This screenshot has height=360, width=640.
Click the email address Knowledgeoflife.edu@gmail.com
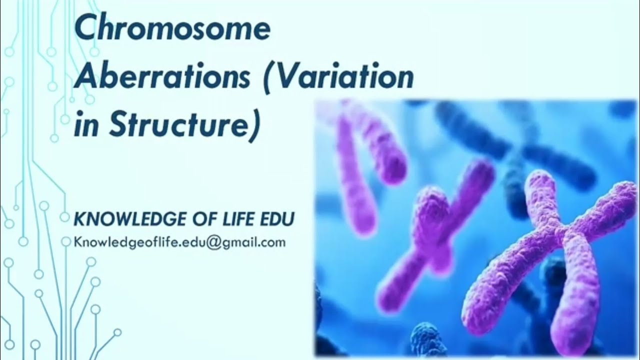pyautogui.click(x=179, y=242)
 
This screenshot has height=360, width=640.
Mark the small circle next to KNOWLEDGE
pyautogui.click(x=64, y=217)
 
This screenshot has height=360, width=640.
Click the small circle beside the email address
pyautogui.click(x=65, y=242)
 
